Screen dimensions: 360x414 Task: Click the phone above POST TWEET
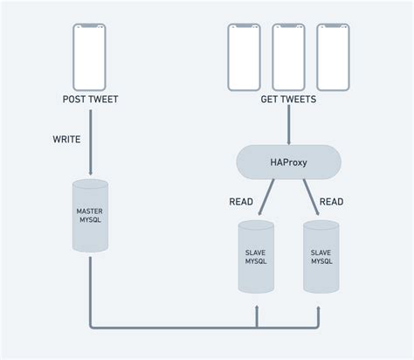(90, 56)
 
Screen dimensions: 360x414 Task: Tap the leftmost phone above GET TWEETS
(245, 56)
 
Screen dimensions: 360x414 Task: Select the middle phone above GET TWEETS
(288, 56)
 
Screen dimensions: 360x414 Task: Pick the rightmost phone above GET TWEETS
(333, 56)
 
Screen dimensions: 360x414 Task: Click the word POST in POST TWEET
(75, 100)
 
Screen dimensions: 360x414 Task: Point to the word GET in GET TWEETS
(271, 100)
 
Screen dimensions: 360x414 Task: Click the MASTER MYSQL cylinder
(91, 216)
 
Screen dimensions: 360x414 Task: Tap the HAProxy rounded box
(288, 162)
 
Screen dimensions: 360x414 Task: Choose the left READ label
(241, 202)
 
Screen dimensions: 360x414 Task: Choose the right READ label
(331, 202)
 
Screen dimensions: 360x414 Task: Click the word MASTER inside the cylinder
(91, 211)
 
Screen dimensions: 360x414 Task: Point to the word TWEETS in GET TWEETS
(300, 100)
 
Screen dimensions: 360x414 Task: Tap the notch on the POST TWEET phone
(90, 27)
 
